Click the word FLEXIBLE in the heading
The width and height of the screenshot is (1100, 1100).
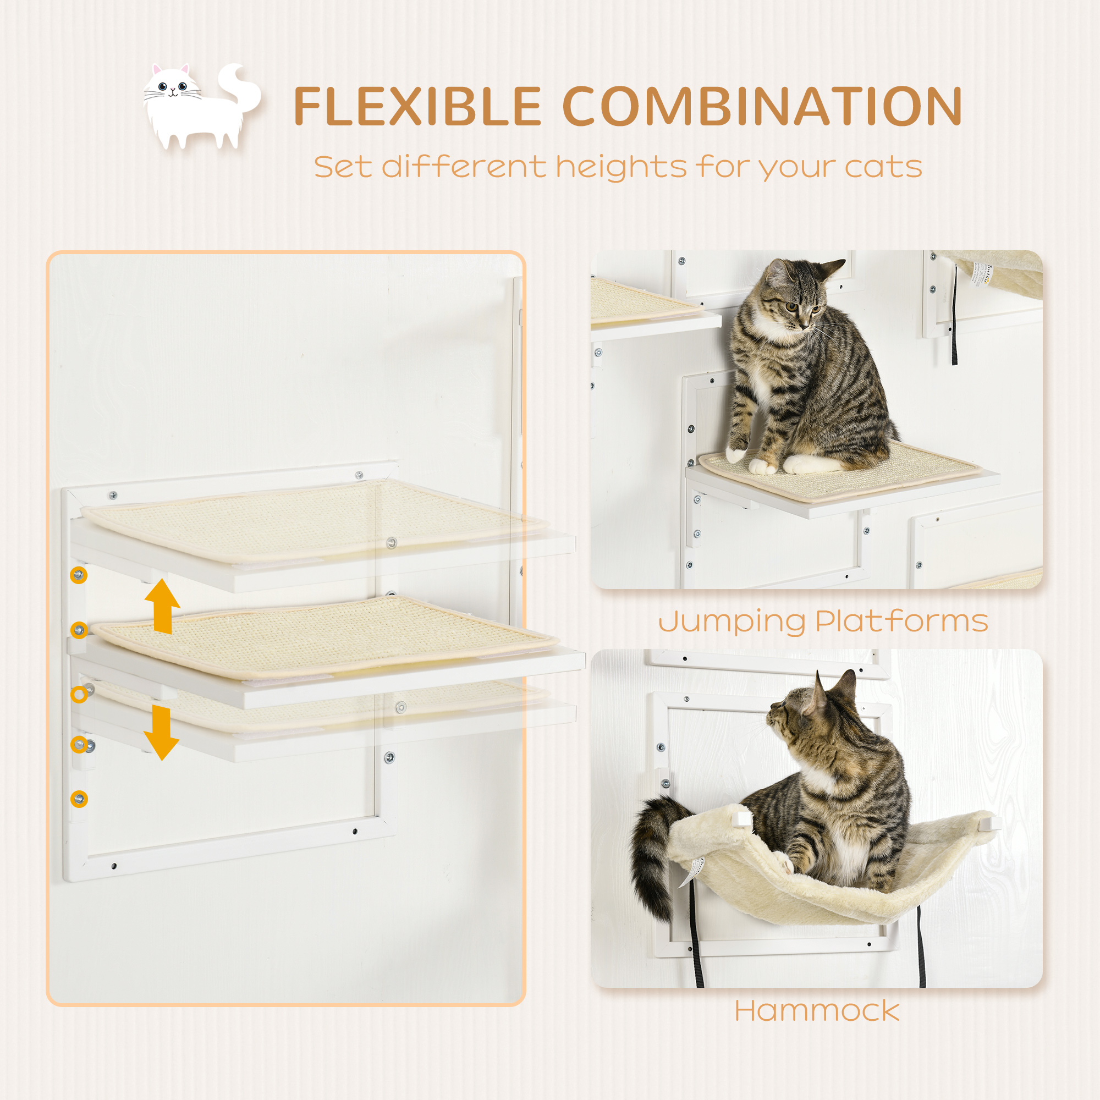pos(417,107)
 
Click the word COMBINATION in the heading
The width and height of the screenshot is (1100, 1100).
pos(762,107)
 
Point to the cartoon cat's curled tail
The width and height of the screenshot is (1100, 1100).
pos(239,91)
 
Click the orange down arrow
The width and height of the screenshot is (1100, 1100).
pos(162,733)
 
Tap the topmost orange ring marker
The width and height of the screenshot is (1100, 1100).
pos(79,575)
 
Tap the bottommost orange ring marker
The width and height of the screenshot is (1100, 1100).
pos(79,799)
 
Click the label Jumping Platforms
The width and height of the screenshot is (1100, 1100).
pos(823,620)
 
